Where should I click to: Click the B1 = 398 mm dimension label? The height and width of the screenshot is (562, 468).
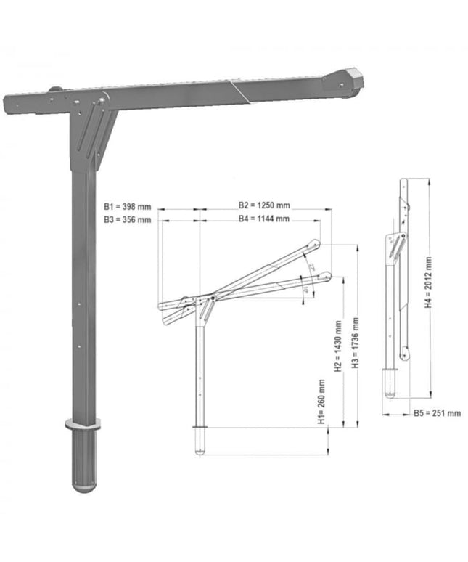(x=127, y=205)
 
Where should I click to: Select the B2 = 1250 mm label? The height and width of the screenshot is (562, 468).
(x=264, y=205)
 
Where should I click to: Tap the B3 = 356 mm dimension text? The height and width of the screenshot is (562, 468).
(x=127, y=219)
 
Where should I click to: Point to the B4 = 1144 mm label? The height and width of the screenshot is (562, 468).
(x=264, y=219)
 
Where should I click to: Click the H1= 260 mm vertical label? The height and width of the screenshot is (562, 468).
(x=321, y=402)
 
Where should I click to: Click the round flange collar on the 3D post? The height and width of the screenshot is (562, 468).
(x=81, y=425)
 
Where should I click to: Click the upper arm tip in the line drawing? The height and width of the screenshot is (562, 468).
(x=315, y=245)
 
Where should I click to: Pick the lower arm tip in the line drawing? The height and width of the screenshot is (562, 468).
(x=327, y=276)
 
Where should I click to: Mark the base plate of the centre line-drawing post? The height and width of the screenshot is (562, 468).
(x=200, y=428)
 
